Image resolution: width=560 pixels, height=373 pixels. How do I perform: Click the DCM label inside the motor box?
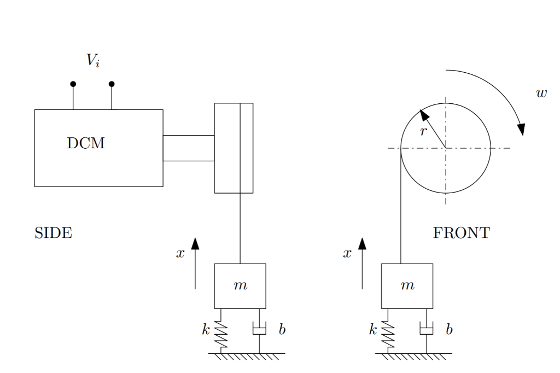click(85, 143)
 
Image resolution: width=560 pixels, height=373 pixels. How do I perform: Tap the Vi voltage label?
click(93, 60)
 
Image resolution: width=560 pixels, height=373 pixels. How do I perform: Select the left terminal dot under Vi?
click(73, 84)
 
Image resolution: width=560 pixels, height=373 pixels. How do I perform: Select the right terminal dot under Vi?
click(112, 84)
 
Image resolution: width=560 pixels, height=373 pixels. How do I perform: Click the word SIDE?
click(53, 233)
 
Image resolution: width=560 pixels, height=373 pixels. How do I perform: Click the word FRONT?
click(461, 233)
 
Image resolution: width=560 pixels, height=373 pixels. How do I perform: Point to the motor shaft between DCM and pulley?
click(188, 148)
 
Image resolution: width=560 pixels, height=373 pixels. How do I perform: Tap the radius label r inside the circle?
click(423, 131)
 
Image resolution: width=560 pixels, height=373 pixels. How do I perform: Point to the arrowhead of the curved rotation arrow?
click(521, 129)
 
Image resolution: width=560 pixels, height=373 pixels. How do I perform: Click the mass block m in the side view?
click(240, 285)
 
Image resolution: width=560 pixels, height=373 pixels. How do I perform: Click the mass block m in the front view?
click(407, 285)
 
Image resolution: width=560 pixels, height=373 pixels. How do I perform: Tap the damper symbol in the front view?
click(426, 329)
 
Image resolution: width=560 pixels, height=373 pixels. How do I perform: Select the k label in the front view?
click(373, 329)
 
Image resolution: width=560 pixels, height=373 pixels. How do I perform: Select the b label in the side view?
click(282, 329)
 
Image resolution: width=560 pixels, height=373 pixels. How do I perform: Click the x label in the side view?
click(180, 253)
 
